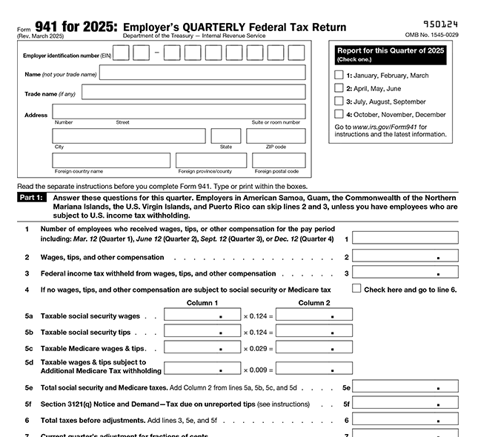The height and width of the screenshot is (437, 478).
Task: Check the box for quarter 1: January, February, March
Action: pyautogui.click(x=339, y=75)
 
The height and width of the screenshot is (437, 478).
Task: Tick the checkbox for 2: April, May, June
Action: pyautogui.click(x=339, y=88)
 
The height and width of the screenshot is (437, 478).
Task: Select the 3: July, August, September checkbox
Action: pyautogui.click(x=339, y=101)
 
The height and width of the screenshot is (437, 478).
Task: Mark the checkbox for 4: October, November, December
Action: pyautogui.click(x=339, y=115)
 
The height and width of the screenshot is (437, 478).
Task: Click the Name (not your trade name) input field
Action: pyautogui.click(x=202, y=73)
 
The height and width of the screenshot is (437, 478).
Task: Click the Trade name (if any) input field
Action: pyautogui.click(x=202, y=92)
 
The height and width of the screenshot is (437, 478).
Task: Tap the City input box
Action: pyautogui.click(x=128, y=136)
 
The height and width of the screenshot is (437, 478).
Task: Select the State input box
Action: pyautogui.click(x=225, y=136)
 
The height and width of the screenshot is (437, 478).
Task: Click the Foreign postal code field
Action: pyautogui.click(x=278, y=161)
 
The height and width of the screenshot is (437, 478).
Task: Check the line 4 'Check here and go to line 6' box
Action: pyautogui.click(x=356, y=289)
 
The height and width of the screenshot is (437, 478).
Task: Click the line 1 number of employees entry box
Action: pyautogui.click(x=405, y=238)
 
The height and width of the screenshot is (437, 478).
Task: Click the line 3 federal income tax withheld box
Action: pyautogui.click(x=405, y=273)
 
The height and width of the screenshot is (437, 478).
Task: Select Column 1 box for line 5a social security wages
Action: pyautogui.click(x=202, y=315)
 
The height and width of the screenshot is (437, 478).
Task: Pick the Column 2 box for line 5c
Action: pyautogui.click(x=313, y=347)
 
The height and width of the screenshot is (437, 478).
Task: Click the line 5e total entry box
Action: pyautogui.click(x=405, y=386)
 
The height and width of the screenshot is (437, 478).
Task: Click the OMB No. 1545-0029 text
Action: pyautogui.click(x=431, y=36)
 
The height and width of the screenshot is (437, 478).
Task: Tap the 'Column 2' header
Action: pyautogui.click(x=313, y=302)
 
